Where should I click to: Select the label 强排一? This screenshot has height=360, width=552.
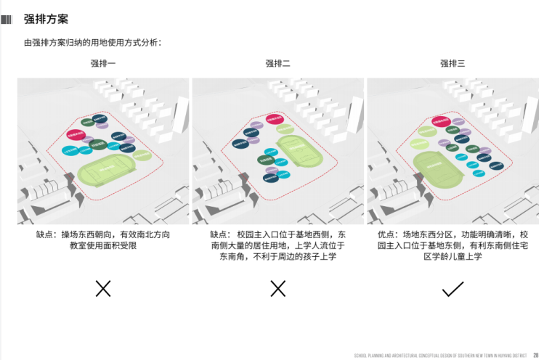[x=103, y=64]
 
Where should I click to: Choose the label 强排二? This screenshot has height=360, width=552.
[x=277, y=64]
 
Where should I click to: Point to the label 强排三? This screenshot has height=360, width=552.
[x=452, y=64]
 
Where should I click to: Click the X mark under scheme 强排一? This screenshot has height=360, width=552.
[x=103, y=288]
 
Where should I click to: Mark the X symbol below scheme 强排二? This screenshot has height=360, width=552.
[x=277, y=288]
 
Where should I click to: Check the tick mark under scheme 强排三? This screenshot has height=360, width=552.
[x=452, y=290]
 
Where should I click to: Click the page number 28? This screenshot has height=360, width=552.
[x=535, y=355]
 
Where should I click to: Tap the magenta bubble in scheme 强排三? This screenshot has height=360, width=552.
[x=439, y=118]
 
